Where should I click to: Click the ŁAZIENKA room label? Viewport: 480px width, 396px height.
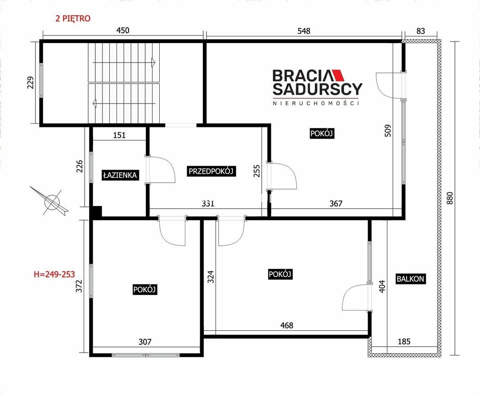[120, 175]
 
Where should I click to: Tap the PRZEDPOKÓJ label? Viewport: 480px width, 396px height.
[211, 171]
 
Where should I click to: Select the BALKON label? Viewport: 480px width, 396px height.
[410, 279]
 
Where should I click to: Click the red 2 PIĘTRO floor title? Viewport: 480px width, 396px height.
[73, 18]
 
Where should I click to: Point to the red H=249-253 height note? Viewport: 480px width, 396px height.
[54, 274]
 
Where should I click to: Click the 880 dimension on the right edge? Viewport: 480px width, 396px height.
[450, 198]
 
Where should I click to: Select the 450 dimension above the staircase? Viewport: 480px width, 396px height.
[123, 30]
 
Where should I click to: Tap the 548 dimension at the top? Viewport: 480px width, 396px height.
[304, 31]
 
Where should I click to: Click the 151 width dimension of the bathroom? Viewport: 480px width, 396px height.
[119, 135]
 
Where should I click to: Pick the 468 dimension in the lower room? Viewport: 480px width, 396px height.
[287, 325]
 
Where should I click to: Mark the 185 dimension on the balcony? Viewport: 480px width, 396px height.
[404, 341]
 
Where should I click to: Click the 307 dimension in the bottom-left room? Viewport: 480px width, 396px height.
[145, 342]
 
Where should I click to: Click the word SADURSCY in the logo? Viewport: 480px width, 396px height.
[318, 89]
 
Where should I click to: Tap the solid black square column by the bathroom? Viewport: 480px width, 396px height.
[97, 211]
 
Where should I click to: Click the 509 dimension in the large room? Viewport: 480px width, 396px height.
[388, 130]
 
